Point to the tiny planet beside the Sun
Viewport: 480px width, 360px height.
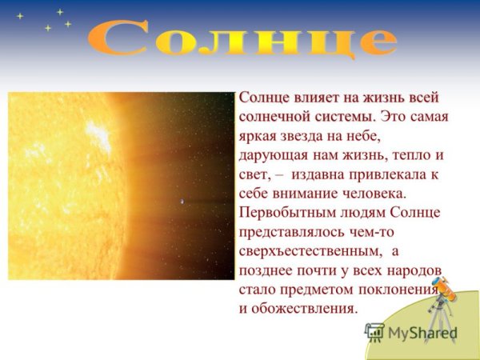(180, 201)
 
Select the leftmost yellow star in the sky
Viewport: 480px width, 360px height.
(20, 16)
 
